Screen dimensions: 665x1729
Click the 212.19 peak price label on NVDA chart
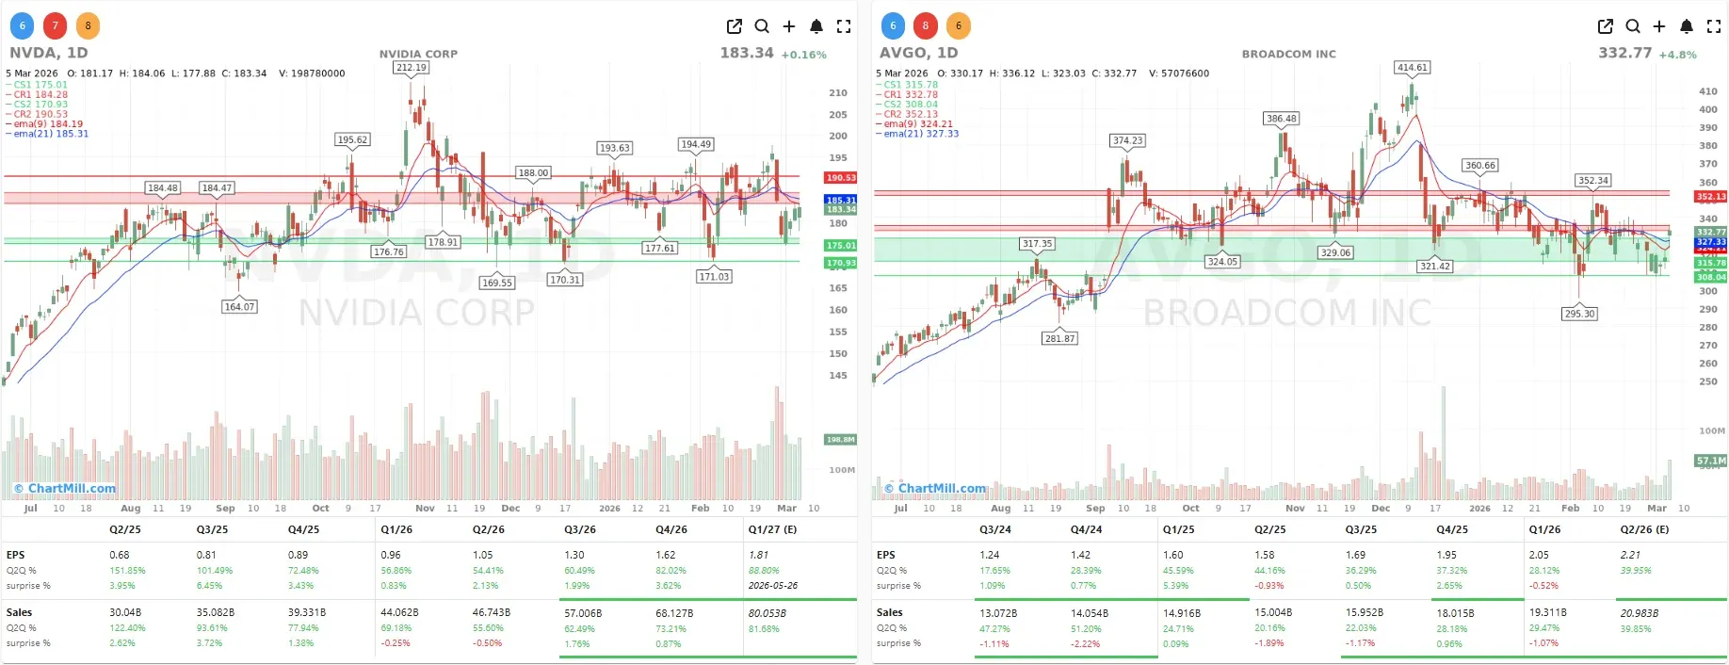[x=412, y=68]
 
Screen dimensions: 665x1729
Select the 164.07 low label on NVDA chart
[x=239, y=307]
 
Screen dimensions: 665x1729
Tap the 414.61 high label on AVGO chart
[x=1413, y=68]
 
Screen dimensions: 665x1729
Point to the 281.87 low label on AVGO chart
[x=1059, y=338]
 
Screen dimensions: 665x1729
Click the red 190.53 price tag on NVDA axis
[x=840, y=178]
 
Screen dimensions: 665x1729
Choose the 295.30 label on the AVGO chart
[x=1579, y=314]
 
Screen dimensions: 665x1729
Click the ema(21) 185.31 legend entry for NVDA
[x=49, y=134]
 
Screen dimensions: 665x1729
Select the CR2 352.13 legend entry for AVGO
[x=911, y=114]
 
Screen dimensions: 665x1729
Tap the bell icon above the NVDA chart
[x=816, y=26]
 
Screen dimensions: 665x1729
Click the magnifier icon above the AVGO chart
[x=1633, y=26]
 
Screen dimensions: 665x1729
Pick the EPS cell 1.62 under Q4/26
[x=665, y=555]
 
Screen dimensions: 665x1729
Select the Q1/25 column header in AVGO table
[x=1178, y=529]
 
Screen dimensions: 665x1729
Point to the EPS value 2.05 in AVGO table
[x=1539, y=555]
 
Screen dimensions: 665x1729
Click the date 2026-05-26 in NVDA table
[x=772, y=585]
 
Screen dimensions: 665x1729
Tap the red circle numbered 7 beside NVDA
[x=56, y=26]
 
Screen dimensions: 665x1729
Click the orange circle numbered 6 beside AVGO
[x=959, y=26]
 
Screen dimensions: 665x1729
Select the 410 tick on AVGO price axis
[x=1708, y=91]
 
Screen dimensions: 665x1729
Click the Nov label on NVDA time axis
[x=425, y=509]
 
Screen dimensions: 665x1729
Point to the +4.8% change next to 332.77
[x=1677, y=55]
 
